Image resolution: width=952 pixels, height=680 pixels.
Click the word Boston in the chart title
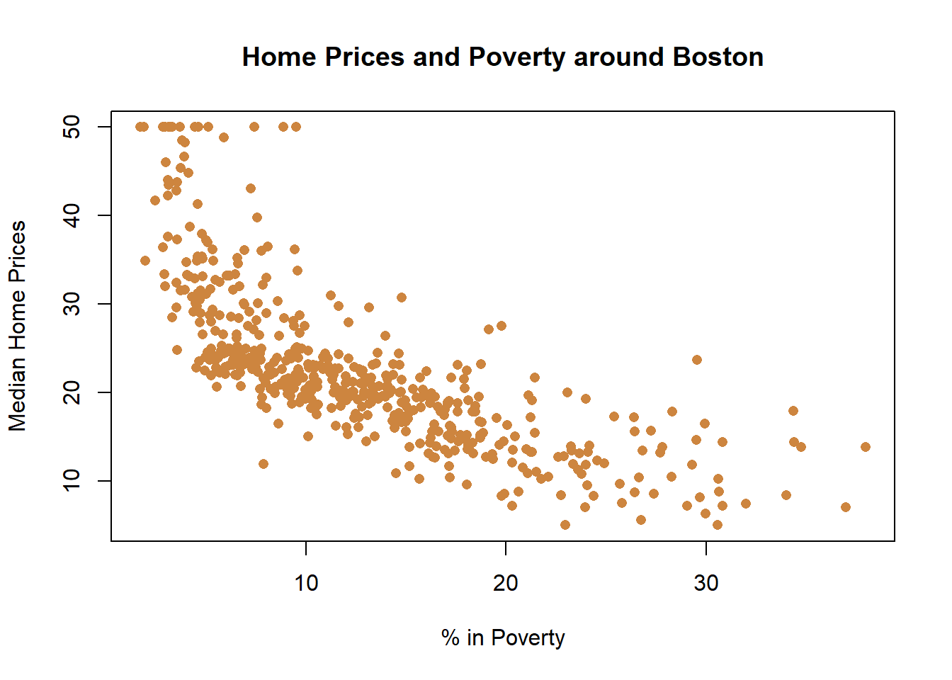[x=718, y=57]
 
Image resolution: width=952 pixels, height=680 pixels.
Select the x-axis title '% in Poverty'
[x=503, y=637]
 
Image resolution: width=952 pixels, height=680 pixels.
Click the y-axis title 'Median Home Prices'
[x=17, y=326]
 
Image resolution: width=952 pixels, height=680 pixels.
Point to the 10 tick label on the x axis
[x=306, y=583]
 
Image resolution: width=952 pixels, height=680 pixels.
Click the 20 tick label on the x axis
[x=506, y=583]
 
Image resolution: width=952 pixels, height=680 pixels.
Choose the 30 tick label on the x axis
[x=705, y=583]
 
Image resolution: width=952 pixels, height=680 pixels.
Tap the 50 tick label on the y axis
[x=72, y=127]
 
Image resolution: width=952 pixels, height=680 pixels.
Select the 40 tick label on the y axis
[x=72, y=215]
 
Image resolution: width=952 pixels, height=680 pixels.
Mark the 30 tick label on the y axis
[x=72, y=304]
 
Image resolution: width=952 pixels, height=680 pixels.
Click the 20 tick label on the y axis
[x=72, y=392]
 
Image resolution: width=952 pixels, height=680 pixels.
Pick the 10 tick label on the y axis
[x=72, y=481]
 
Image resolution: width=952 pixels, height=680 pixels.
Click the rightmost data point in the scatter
[x=865, y=447]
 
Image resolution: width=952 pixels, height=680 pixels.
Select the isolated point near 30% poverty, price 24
[x=697, y=360]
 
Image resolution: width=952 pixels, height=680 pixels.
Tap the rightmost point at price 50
[x=296, y=127]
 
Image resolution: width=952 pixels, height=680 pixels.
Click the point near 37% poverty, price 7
[x=845, y=507]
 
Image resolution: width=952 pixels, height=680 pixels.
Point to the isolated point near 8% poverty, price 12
[x=263, y=464]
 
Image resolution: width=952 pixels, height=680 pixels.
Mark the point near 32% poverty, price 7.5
[x=745, y=504]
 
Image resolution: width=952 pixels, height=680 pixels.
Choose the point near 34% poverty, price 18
[x=793, y=411]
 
